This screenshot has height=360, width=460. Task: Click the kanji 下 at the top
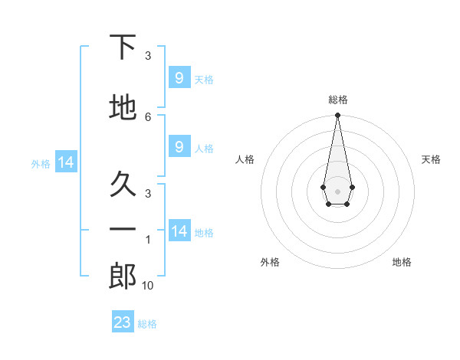click(123, 47)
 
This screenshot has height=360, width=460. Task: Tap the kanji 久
click(123, 184)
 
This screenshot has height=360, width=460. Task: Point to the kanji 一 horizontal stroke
click(123, 229)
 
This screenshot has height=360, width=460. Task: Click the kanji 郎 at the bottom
click(123, 276)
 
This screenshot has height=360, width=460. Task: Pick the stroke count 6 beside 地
click(148, 117)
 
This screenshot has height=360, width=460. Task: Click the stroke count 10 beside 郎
click(147, 286)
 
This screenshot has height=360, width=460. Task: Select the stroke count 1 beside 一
click(148, 240)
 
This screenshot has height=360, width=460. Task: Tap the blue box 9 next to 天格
click(179, 77)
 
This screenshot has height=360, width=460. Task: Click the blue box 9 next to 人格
click(179, 146)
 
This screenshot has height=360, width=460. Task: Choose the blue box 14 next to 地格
click(179, 230)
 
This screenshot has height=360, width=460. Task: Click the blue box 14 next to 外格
click(66, 162)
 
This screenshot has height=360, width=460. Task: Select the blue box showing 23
click(123, 321)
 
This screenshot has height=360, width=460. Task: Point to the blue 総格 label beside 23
click(147, 324)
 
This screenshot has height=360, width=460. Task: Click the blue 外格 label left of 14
click(41, 164)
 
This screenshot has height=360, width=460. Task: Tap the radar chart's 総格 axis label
click(338, 100)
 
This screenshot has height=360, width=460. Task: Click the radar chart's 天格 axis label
click(431, 159)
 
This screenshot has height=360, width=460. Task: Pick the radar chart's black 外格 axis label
click(270, 262)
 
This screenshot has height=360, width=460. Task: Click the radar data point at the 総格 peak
click(337, 115)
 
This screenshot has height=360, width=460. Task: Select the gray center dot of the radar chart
click(337, 191)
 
